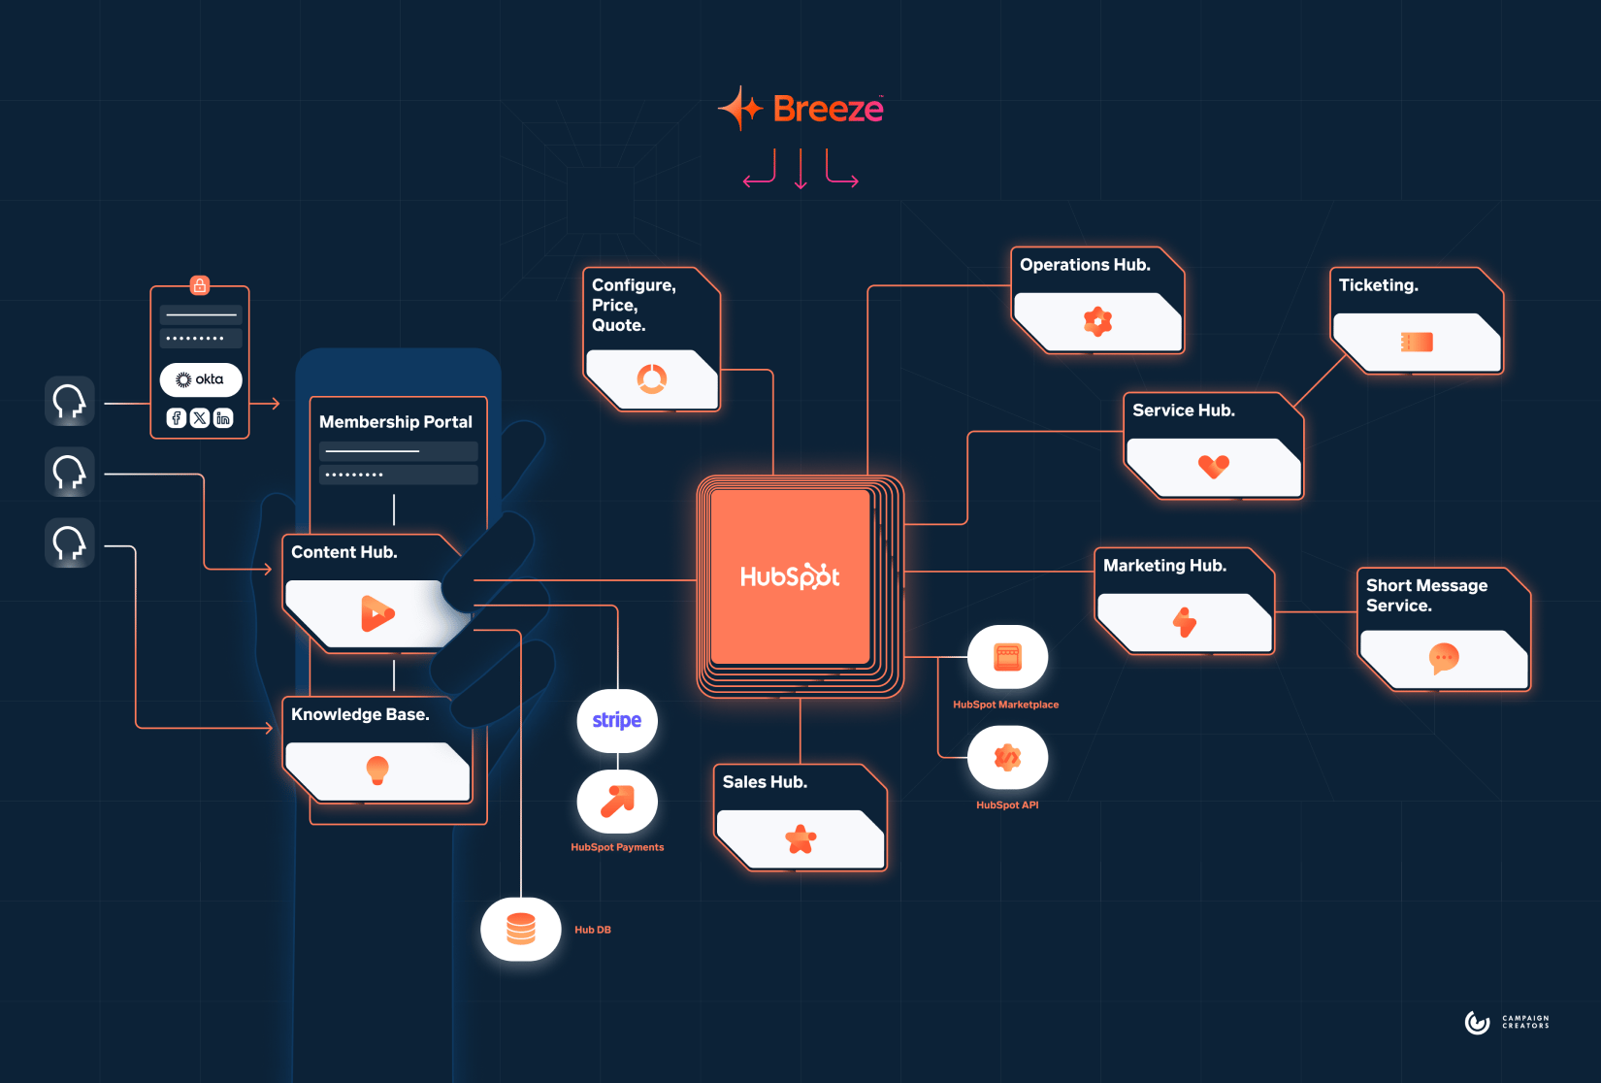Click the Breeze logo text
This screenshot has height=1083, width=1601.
click(828, 109)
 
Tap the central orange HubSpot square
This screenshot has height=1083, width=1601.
click(790, 576)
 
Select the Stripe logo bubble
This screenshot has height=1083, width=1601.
click(617, 720)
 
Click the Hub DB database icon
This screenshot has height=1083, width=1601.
click(521, 929)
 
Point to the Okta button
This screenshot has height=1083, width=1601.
click(201, 379)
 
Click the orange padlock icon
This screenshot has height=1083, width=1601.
click(200, 285)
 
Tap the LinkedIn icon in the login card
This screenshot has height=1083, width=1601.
click(223, 418)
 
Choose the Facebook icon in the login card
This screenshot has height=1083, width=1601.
click(177, 418)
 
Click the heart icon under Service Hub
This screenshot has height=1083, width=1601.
click(1213, 467)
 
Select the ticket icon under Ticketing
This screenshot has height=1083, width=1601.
click(1417, 342)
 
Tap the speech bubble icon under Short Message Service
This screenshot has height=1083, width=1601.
click(1444, 658)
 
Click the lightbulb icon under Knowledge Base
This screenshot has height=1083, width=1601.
click(376, 770)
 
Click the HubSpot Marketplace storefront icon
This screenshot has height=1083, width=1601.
click(1007, 657)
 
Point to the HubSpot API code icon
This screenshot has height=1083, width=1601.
click(1007, 757)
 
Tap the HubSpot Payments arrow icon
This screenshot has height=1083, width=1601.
click(617, 802)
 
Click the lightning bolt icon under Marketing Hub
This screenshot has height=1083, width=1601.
click(1185, 622)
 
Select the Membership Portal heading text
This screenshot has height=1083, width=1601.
click(396, 422)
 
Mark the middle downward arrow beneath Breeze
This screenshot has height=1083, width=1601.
click(800, 169)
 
